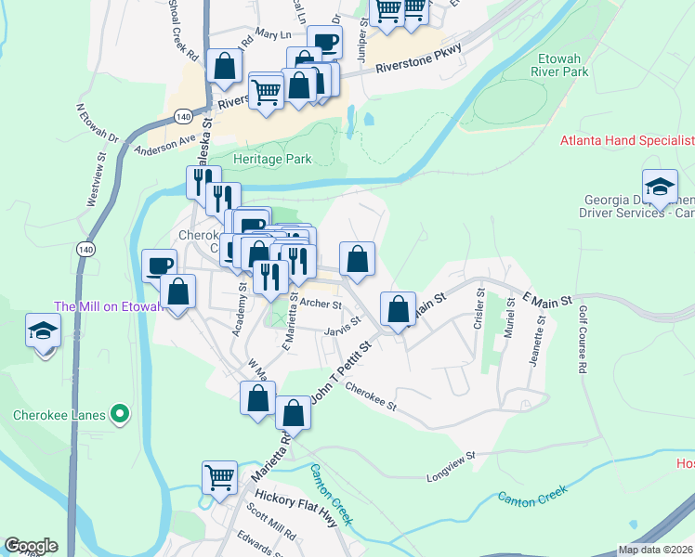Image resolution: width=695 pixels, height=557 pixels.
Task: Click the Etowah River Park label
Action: click(x=561, y=63)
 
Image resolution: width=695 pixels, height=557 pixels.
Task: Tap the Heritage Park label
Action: click(x=272, y=159)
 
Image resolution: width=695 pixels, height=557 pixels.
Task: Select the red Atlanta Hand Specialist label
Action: click(x=627, y=141)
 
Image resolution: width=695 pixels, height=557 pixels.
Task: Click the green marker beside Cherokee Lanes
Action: click(x=119, y=414)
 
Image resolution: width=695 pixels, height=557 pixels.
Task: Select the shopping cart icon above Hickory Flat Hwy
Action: click(x=219, y=477)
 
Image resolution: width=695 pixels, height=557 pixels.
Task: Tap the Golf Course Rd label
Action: click(x=583, y=340)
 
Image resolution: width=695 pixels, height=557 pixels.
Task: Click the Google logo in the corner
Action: click(x=31, y=546)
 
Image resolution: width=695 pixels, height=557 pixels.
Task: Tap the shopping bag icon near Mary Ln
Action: click(x=225, y=66)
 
